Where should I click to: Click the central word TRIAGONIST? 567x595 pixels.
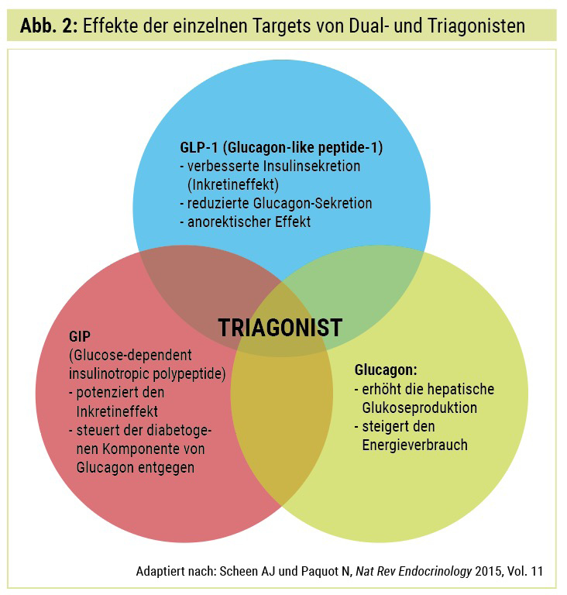pos(280,328)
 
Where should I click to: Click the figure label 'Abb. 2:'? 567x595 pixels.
pos(49,26)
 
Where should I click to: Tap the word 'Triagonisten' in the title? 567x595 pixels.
pos(476,26)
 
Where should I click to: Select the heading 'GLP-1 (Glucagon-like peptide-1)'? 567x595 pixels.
pos(281,147)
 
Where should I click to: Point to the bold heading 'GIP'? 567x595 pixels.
pos(80,336)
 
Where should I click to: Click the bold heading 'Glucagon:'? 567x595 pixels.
pos(386,370)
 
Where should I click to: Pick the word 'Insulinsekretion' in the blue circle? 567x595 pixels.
pos(311,167)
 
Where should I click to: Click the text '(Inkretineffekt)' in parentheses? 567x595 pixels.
pos(233,185)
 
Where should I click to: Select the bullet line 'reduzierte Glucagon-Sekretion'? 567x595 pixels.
pos(280,204)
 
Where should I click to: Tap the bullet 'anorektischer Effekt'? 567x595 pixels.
pos(249,222)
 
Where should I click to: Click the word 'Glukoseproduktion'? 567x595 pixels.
pos(419,408)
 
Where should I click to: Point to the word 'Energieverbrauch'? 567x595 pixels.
pos(415,445)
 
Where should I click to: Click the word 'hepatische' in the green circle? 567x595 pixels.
pos(460,389)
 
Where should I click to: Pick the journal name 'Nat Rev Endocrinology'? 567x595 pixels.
pos(414,571)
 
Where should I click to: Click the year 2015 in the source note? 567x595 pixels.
pos(487,571)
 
